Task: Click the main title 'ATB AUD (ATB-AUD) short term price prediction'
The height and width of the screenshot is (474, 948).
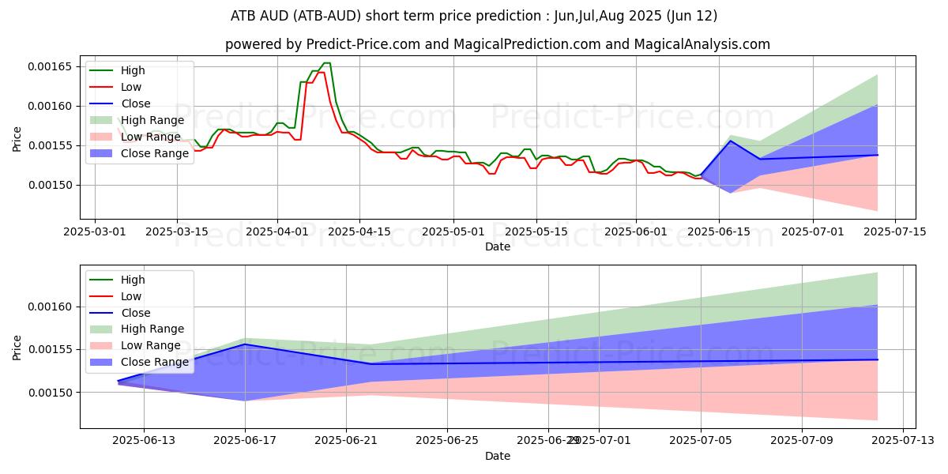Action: [x=474, y=15]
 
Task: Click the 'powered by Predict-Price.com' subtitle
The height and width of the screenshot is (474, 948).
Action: [x=498, y=44]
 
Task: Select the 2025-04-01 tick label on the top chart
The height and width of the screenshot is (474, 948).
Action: [x=277, y=231]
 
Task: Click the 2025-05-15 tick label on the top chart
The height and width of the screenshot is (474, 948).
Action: [x=536, y=231]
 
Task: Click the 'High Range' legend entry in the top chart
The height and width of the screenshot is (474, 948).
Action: [x=152, y=120]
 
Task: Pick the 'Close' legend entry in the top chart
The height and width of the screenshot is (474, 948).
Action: [x=136, y=103]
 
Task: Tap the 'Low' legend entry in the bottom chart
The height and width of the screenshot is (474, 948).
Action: [x=131, y=296]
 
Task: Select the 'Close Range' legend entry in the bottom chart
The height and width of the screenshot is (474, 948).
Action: [x=155, y=362]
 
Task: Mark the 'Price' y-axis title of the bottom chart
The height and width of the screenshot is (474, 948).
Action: [x=17, y=347]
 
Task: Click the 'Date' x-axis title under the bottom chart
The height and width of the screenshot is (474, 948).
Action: [x=498, y=456]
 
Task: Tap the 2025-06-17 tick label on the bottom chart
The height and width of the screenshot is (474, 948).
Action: [x=245, y=441]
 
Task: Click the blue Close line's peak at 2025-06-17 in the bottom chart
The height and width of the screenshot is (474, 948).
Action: [x=245, y=344]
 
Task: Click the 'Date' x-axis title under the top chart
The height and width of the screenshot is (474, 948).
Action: [x=498, y=246]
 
